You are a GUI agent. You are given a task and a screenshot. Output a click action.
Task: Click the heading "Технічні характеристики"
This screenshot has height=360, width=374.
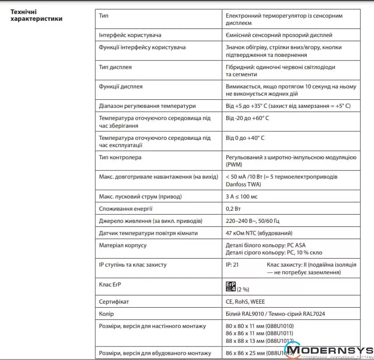click(x=36, y=15)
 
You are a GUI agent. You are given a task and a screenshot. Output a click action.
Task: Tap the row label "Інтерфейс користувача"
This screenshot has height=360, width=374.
click(x=130, y=35)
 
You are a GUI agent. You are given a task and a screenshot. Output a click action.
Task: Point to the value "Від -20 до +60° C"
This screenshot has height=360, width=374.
click(x=248, y=118)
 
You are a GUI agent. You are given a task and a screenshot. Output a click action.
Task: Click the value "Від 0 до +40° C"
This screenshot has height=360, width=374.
click(x=245, y=138)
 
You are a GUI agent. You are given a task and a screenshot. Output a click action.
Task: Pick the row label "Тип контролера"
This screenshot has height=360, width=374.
click(x=120, y=157)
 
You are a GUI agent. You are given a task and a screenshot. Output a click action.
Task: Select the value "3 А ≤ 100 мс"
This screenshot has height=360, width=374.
click(x=242, y=197)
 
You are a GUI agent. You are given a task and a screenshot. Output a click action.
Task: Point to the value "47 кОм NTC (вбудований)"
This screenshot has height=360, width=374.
click(x=259, y=233)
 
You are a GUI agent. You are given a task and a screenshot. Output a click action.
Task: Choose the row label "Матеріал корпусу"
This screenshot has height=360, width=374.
click(x=123, y=245)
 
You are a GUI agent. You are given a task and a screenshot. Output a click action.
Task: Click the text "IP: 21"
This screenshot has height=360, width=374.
click(x=232, y=265)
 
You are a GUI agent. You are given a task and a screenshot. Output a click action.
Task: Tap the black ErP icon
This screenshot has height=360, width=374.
click(x=231, y=286)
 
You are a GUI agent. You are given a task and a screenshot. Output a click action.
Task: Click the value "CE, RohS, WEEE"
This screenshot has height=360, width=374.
click(x=246, y=301)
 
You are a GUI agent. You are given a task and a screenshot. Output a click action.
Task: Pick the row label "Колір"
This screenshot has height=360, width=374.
click(x=106, y=314)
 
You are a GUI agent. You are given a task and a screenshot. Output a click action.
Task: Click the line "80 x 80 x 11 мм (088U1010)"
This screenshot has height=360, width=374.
click(x=260, y=326)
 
